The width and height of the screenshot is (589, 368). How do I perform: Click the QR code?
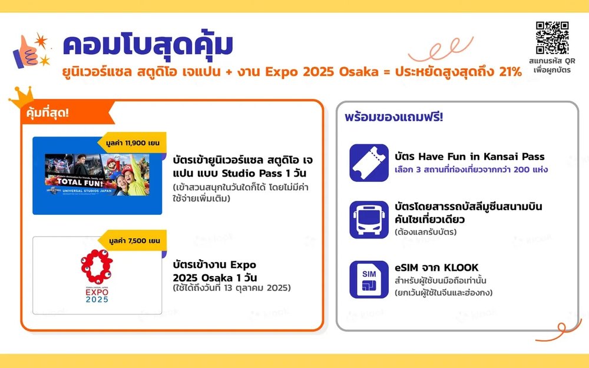tap(552, 38)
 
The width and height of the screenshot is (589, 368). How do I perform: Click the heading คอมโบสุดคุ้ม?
tap(148, 46)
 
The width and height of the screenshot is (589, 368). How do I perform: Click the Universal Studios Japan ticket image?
tap(97, 175)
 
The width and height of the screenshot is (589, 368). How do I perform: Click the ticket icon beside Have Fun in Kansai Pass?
tap(369, 163)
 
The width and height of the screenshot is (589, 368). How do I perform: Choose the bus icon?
tap(369, 219)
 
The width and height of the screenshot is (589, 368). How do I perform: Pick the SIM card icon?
tap(369, 280)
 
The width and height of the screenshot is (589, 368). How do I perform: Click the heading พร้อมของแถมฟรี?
tap(394, 117)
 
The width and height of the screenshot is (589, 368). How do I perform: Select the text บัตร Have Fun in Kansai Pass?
tap(469, 157)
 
